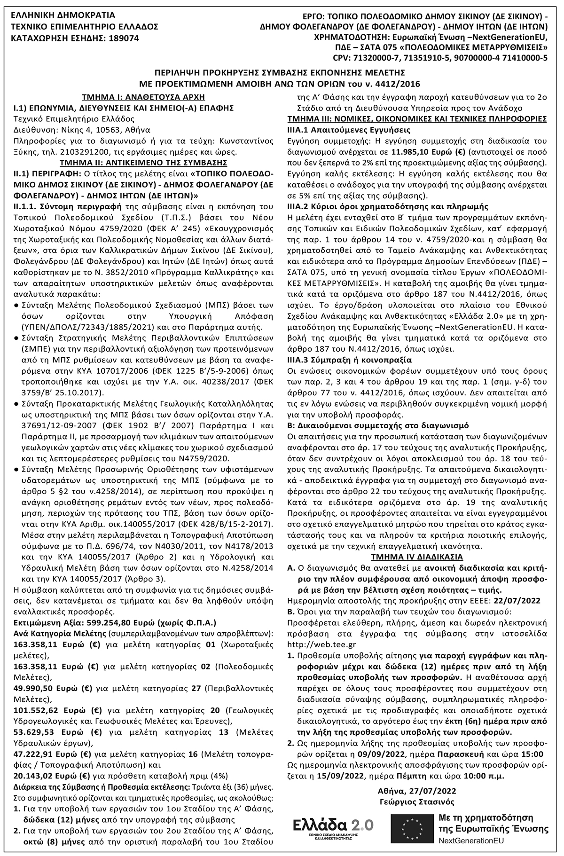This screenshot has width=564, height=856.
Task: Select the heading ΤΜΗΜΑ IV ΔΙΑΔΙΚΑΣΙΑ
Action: (x=416, y=557)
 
